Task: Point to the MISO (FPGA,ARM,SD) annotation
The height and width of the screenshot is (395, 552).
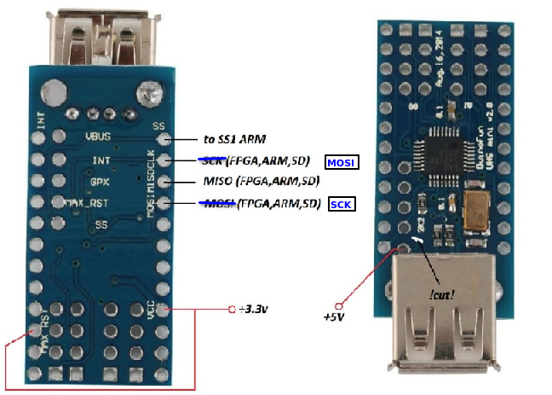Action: (261, 182)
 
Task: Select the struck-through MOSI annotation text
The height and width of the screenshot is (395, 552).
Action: (216, 203)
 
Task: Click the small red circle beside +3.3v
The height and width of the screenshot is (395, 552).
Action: (231, 309)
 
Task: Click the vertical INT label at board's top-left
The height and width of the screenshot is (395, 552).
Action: (41, 119)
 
